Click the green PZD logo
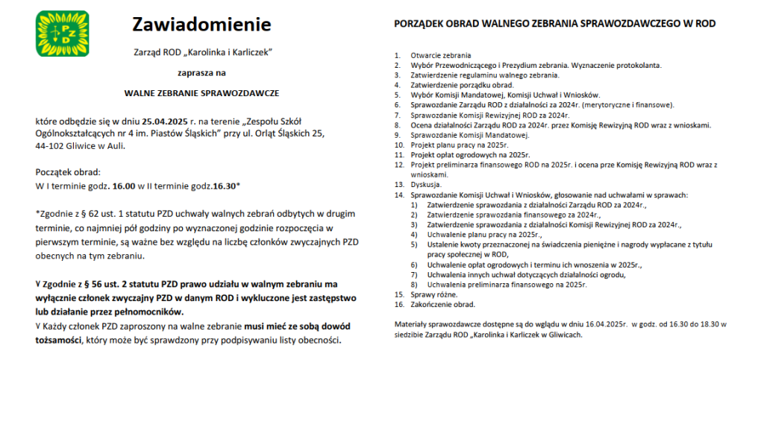tap(62, 34)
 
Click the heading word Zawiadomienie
tap(201, 25)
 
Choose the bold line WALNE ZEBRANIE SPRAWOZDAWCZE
tap(201, 94)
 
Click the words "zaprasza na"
tap(201, 73)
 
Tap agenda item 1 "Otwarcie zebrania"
tap(440, 56)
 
